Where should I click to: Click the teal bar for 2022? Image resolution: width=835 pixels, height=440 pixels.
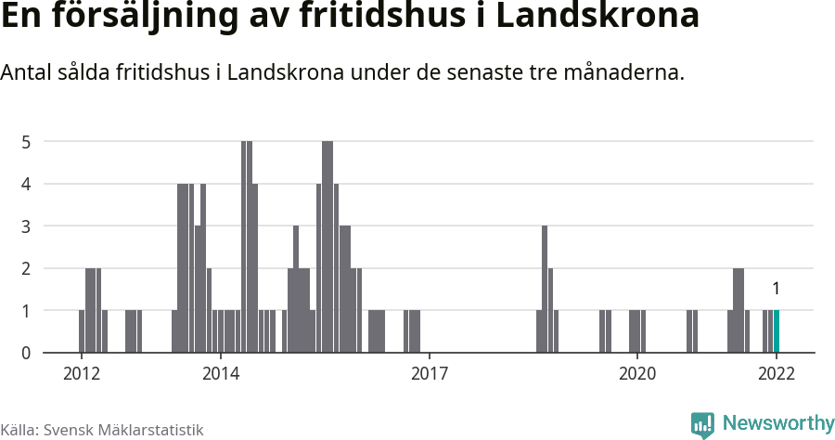coord(777,331)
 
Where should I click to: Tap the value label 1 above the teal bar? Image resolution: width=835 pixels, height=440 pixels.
coord(777,288)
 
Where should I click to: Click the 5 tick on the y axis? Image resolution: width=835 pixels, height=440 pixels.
coord(27,142)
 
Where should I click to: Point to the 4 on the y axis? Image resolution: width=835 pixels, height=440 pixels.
coord(27,184)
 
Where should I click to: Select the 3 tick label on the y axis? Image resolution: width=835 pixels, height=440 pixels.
coord(27,226)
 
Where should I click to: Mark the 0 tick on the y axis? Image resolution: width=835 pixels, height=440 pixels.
coord(27,353)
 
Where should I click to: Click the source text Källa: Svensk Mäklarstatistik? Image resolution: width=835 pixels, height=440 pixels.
coord(102,430)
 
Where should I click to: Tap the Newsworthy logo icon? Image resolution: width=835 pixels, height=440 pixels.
coord(702,424)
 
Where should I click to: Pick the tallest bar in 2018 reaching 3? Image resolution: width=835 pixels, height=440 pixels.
coord(545,289)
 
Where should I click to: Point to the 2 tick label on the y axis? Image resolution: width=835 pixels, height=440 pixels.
coord(27,268)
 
